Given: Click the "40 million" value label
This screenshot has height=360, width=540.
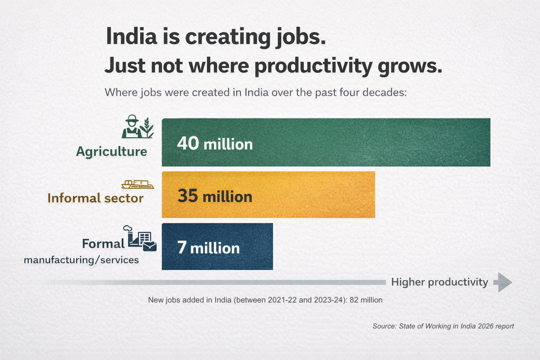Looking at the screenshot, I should [215, 144].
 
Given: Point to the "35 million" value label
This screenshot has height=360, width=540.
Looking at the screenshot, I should [215, 196].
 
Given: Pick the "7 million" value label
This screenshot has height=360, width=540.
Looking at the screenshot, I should [208, 248].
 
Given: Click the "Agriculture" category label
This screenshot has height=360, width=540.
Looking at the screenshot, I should [111, 152].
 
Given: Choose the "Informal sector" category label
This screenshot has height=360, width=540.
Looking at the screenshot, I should [95, 198].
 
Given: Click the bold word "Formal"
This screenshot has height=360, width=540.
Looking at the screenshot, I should [103, 244].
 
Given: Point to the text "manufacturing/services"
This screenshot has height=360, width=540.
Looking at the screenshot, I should [81, 260].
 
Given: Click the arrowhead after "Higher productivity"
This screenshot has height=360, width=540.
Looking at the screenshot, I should [503, 282].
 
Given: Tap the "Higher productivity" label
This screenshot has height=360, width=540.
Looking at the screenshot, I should [439, 282].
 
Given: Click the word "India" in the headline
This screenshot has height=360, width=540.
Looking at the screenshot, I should [131, 37].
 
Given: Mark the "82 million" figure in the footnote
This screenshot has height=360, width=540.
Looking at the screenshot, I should [366, 300].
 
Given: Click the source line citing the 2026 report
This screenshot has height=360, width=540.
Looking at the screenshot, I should [443, 326].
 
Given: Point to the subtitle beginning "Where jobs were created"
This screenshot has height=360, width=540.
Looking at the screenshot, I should [256, 92].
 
